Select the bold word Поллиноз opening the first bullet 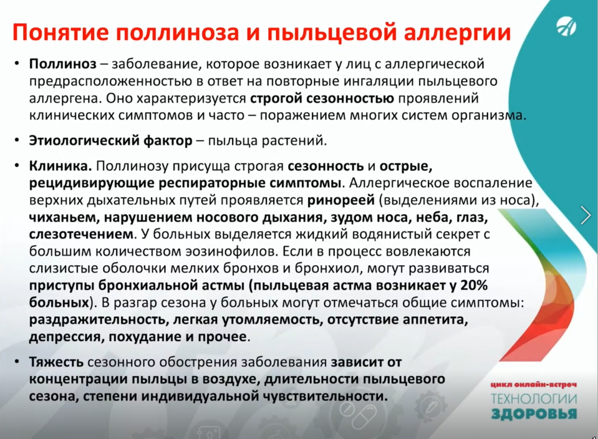[x=63, y=64]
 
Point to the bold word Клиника [x=60, y=166]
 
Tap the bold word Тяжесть [x=56, y=362]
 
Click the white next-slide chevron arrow [x=585, y=215]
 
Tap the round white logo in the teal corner [x=566, y=27]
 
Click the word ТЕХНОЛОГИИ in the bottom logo [x=534, y=399]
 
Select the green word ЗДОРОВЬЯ [x=534, y=414]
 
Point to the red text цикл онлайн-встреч [x=534, y=385]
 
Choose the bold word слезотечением [x=81, y=234]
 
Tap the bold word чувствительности [x=325, y=396]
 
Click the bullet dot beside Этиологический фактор [x=17, y=141]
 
